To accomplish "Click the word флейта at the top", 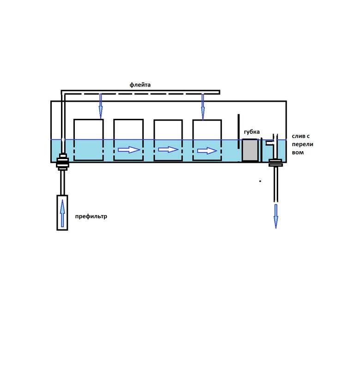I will [140, 85].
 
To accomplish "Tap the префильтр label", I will [91, 216].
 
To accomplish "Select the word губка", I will [252, 132].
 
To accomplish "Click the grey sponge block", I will [250, 150].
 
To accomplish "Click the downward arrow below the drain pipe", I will [276, 216].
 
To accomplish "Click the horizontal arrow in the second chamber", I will [129, 150].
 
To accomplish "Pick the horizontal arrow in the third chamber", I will [168, 149].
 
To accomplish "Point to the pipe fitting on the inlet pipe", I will [62, 163].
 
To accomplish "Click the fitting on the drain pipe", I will [275, 162].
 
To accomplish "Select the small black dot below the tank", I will [260, 181].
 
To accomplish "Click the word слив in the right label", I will [297, 137].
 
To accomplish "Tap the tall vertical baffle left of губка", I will [238, 131].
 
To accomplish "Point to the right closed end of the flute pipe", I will [219, 92].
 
